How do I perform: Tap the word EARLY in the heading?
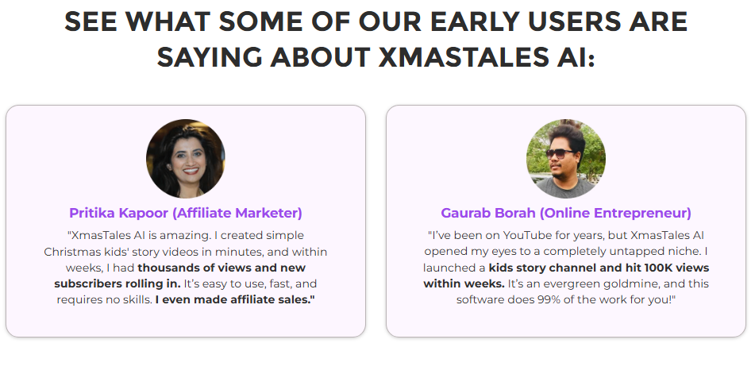click(474, 21)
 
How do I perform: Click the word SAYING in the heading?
click(210, 57)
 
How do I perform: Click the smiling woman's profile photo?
click(186, 158)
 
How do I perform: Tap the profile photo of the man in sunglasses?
click(566, 158)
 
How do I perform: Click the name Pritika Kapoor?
click(118, 213)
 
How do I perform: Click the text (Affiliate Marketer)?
click(237, 213)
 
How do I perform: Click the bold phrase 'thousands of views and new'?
click(221, 268)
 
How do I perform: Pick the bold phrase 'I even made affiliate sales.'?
click(235, 299)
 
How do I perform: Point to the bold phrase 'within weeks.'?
click(464, 283)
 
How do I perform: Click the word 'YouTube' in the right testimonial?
click(526, 236)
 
